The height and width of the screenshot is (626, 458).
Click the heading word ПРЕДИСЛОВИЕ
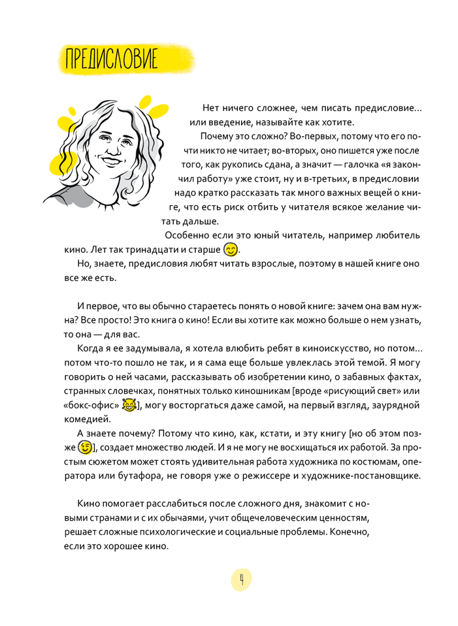point(110,61)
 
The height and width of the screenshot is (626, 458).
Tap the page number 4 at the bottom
point(241,579)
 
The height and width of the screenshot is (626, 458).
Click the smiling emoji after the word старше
point(231,249)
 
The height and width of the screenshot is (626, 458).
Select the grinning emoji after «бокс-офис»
point(130,406)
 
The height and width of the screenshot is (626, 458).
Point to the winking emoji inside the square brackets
point(85,448)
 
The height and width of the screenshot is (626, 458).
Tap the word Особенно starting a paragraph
point(189,235)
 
